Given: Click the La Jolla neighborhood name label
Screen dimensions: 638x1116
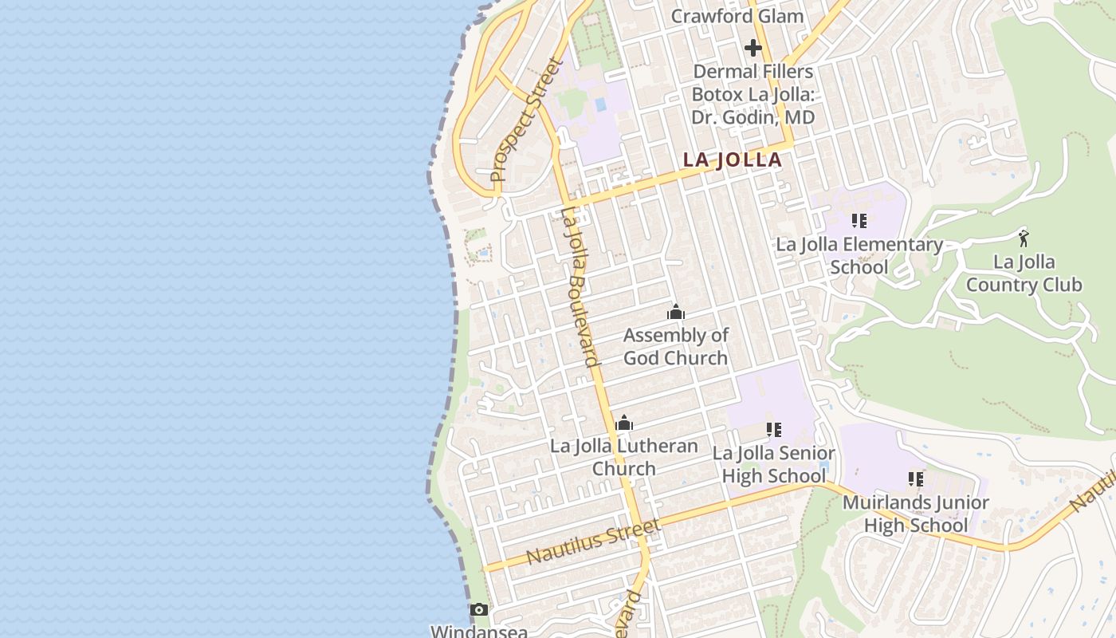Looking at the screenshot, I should coord(732,159).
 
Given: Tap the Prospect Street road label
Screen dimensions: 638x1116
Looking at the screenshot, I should coord(526,120).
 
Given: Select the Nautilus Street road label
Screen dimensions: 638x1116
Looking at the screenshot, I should coord(593,542).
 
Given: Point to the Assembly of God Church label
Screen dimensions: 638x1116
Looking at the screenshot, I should coord(675,346).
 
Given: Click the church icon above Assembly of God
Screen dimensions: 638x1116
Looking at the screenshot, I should coord(676,312).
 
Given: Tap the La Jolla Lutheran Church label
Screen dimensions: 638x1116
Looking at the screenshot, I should coord(623,457).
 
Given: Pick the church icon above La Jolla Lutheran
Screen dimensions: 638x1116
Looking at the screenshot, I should coord(624,423).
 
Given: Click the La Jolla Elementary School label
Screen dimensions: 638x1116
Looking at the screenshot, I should coord(859,255).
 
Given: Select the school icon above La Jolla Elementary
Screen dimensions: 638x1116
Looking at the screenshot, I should coord(859,220).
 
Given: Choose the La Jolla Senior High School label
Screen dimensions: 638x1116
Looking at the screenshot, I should coord(773,464).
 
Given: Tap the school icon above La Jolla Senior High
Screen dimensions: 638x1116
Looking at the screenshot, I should coord(773,430).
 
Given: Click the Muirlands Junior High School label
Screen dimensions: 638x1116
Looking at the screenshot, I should coord(915,514).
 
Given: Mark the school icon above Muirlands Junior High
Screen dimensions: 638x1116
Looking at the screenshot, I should coord(916,479).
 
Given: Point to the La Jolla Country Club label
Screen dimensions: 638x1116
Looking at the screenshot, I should coord(1024,273).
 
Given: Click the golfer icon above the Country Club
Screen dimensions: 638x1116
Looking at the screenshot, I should coord(1024,237).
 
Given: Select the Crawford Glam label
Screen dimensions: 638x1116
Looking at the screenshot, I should coord(737,16).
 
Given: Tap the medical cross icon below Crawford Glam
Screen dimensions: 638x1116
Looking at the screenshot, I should coord(753,48).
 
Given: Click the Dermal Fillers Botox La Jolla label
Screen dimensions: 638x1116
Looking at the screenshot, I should coord(753,94).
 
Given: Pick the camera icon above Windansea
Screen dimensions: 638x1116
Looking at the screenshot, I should coord(479,610).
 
